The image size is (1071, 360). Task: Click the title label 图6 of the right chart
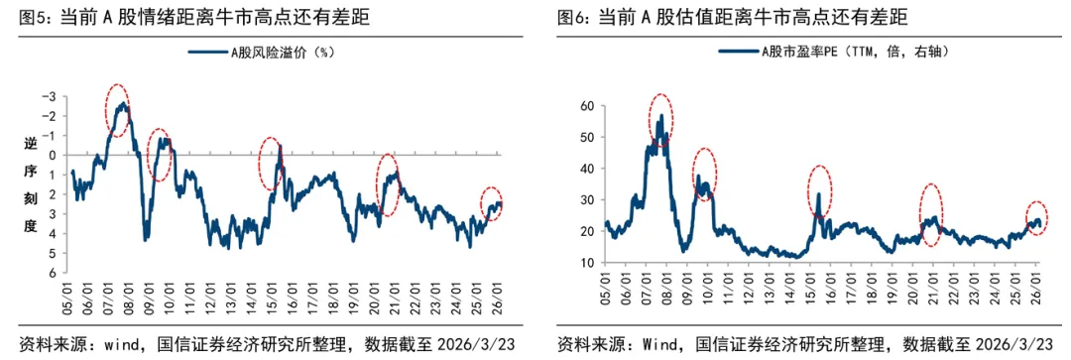571,18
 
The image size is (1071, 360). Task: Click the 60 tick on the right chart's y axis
586,106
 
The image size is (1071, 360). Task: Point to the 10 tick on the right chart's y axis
586,263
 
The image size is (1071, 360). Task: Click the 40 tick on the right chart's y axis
586,169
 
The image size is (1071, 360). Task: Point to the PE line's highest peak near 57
660,116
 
